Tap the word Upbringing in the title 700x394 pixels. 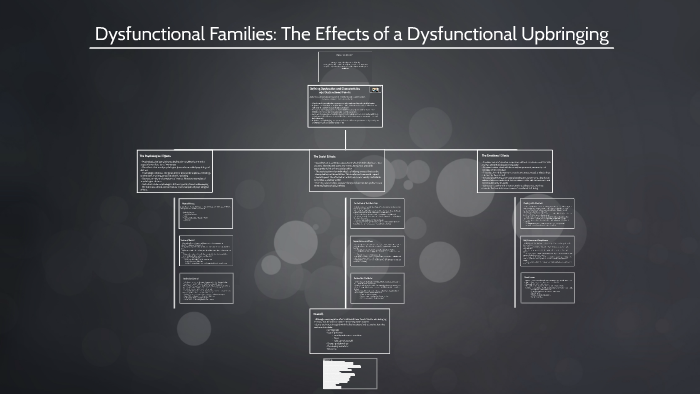coord(559,35)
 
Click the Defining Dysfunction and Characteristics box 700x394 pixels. coord(345,105)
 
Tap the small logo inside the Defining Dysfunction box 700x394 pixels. coord(376,90)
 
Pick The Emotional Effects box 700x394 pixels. coord(514,171)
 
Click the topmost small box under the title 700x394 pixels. coord(345,65)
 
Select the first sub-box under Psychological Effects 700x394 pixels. coord(206,213)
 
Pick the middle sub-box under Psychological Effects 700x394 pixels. coord(206,250)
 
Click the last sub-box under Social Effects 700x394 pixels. coord(377,288)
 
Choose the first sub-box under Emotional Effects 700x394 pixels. coord(548,213)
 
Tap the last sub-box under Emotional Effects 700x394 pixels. coord(548,288)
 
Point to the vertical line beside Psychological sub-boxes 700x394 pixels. coord(174,250)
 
